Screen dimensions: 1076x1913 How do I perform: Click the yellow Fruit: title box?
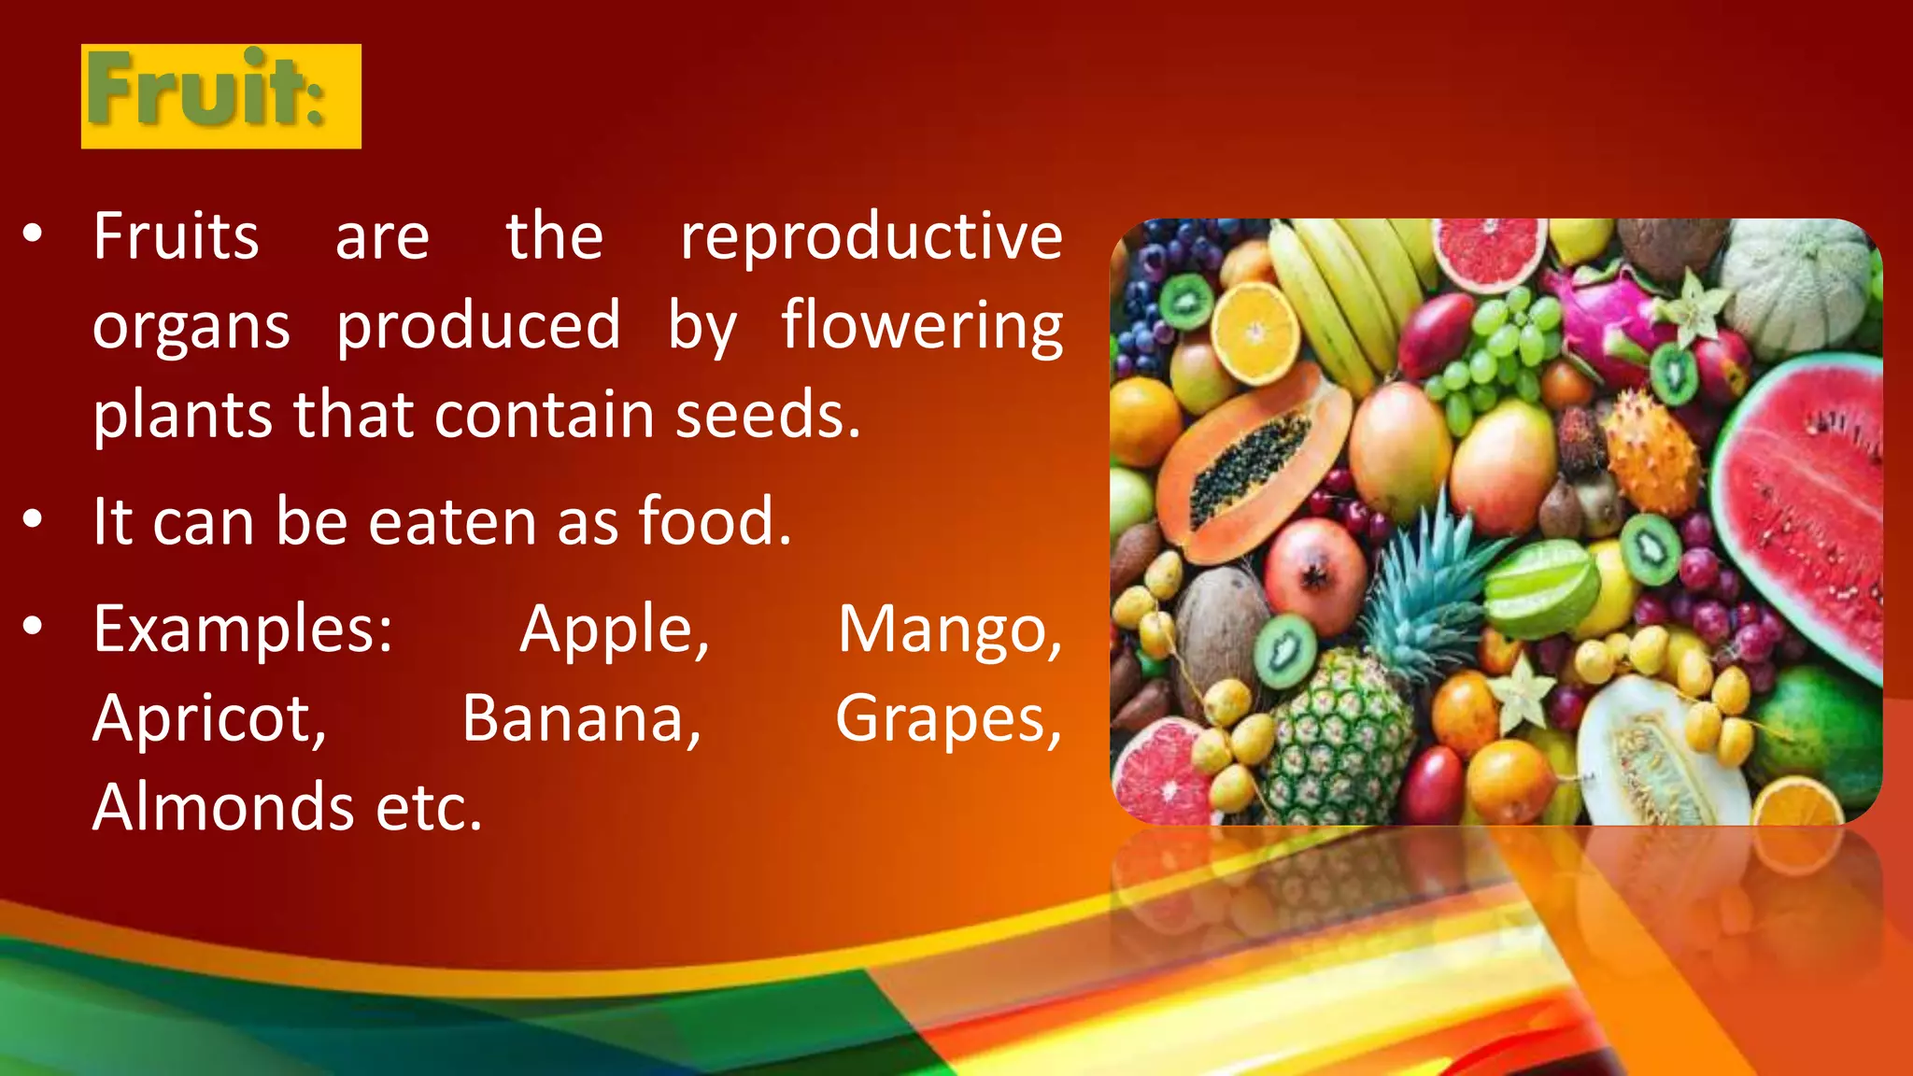(x=220, y=96)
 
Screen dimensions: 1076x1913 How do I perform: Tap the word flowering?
(x=921, y=326)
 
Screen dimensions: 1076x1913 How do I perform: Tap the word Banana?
(x=581, y=718)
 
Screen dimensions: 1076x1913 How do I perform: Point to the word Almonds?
(x=222, y=807)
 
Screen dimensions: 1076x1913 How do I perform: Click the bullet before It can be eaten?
(x=33, y=519)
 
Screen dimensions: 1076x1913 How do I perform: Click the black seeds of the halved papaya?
(x=1247, y=467)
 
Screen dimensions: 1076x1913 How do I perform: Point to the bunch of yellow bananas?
(x=1345, y=290)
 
